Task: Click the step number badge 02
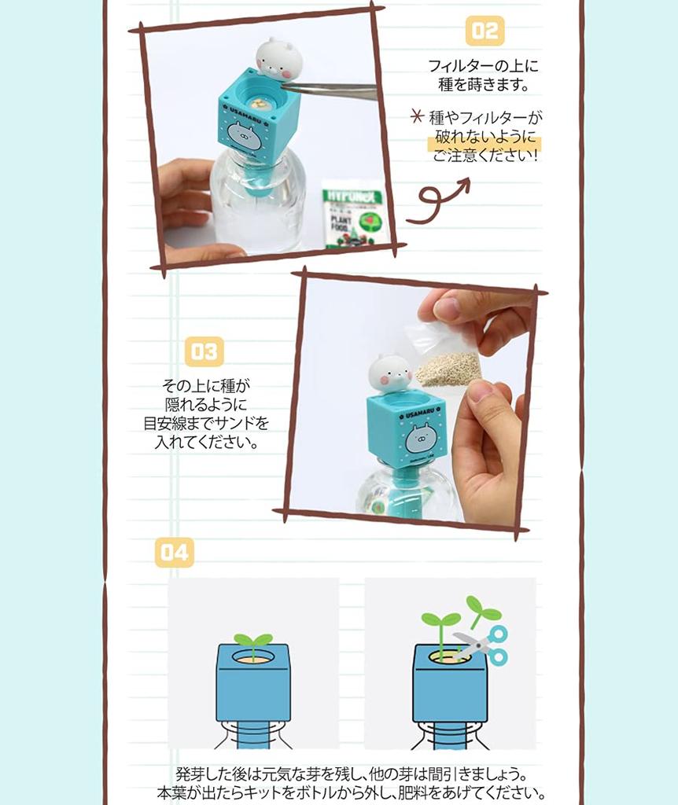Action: [x=485, y=31]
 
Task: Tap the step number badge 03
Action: [x=204, y=351]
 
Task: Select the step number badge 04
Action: [x=174, y=553]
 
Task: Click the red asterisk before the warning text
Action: [x=417, y=118]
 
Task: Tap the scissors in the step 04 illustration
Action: [x=481, y=645]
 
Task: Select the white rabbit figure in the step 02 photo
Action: [x=276, y=58]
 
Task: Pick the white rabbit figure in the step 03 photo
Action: [x=390, y=373]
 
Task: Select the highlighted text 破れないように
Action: [x=485, y=137]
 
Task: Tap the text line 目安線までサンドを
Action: [x=206, y=423]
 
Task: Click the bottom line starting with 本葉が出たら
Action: [x=351, y=792]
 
